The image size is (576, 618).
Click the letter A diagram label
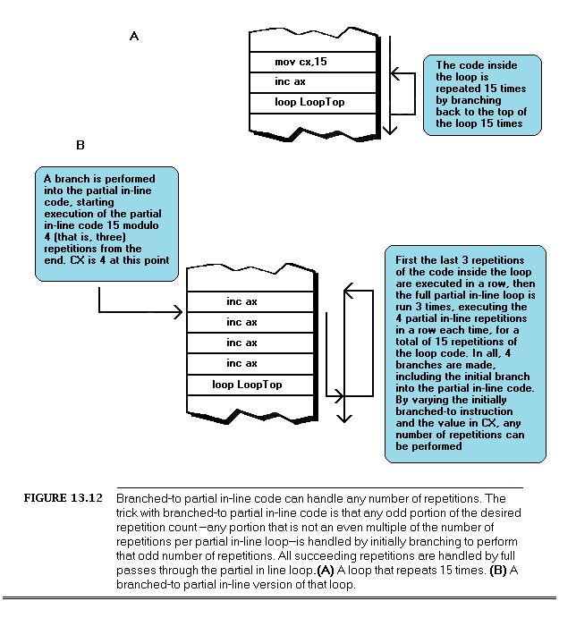pos(134,36)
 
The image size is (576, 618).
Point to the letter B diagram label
pos(80,145)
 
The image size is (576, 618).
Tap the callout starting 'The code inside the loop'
pos(482,94)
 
